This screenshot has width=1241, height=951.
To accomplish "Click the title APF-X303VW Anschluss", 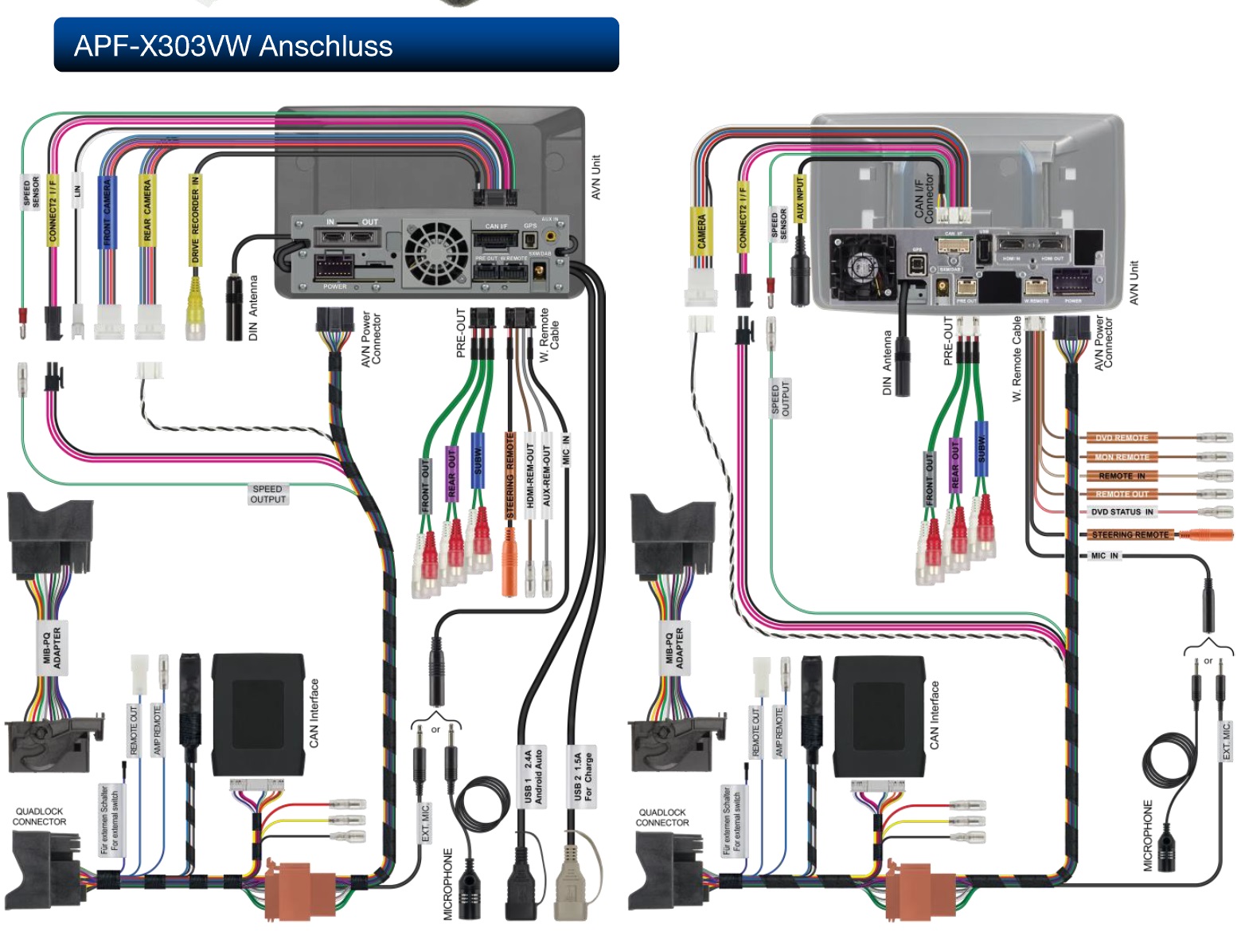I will click(233, 45).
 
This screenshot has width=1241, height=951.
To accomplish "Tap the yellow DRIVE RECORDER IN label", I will click(195, 219).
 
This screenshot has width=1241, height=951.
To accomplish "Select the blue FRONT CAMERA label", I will click(107, 211).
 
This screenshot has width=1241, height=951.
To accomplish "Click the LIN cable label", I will click(77, 191).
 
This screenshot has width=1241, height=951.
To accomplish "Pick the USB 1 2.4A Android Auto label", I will click(533, 777).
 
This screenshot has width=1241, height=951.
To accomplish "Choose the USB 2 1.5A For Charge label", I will click(583, 777).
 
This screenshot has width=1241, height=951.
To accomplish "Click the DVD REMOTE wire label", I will click(1122, 438).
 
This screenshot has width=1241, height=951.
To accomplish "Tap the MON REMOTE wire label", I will click(1122, 457).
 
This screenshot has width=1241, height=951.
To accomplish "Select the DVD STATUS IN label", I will click(1122, 512).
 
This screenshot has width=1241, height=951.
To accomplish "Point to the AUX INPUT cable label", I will click(800, 198).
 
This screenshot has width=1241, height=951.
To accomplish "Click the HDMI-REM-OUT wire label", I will click(529, 476).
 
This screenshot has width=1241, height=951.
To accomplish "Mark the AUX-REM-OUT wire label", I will click(547, 475).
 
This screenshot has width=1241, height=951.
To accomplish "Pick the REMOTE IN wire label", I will click(1122, 475).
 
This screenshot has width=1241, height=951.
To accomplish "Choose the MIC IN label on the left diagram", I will click(566, 450).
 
